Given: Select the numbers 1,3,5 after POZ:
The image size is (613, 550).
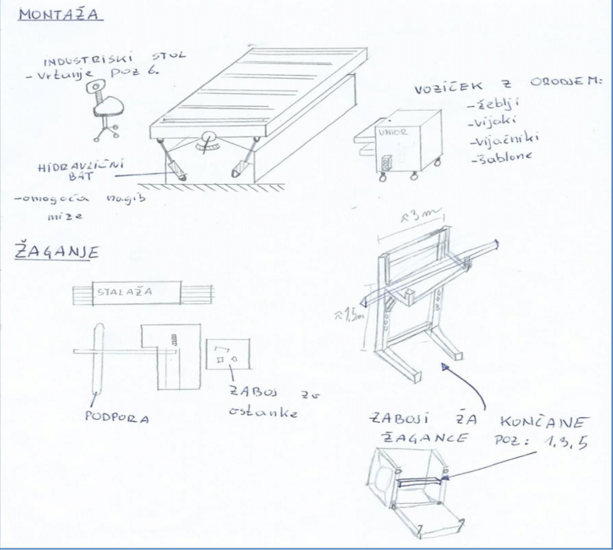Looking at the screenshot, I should click(568, 442).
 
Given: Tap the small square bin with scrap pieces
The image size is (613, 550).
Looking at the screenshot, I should click(225, 354).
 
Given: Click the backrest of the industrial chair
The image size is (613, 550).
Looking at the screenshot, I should click(93, 90).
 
